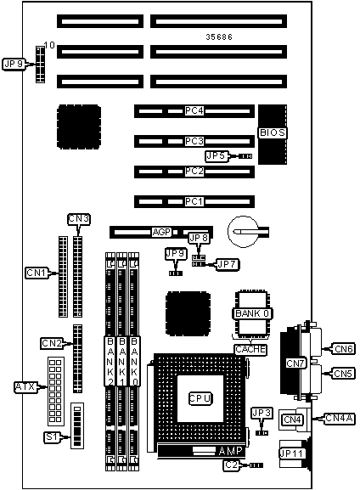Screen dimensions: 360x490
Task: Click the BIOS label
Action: coord(273,132)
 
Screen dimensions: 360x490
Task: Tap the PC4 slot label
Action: coord(194,111)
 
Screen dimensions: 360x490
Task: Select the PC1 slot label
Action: coord(194,201)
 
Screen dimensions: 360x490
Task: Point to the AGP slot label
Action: coord(161,232)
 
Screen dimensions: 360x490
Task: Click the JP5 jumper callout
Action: coord(216,156)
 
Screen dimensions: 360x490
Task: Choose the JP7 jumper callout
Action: coord(228,264)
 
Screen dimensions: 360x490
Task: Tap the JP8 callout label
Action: coord(199,238)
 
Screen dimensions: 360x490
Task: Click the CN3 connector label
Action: coord(79,219)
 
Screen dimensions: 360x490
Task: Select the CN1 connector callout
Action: coord(37,273)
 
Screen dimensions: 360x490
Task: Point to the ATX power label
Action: coord(25,387)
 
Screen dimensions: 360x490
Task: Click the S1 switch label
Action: coord(51,436)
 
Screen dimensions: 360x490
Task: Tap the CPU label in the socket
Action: coord(200,398)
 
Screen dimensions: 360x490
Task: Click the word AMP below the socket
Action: coord(230,451)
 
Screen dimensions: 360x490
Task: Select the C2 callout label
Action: coord(232,465)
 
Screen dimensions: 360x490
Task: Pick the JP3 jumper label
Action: coord(262,413)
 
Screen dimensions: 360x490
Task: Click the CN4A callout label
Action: coord(339,418)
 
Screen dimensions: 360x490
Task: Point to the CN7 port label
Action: coord(295,363)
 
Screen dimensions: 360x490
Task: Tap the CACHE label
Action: coord(250,349)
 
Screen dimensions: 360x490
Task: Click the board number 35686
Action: coord(219,37)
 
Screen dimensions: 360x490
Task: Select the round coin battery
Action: coord(244,232)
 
